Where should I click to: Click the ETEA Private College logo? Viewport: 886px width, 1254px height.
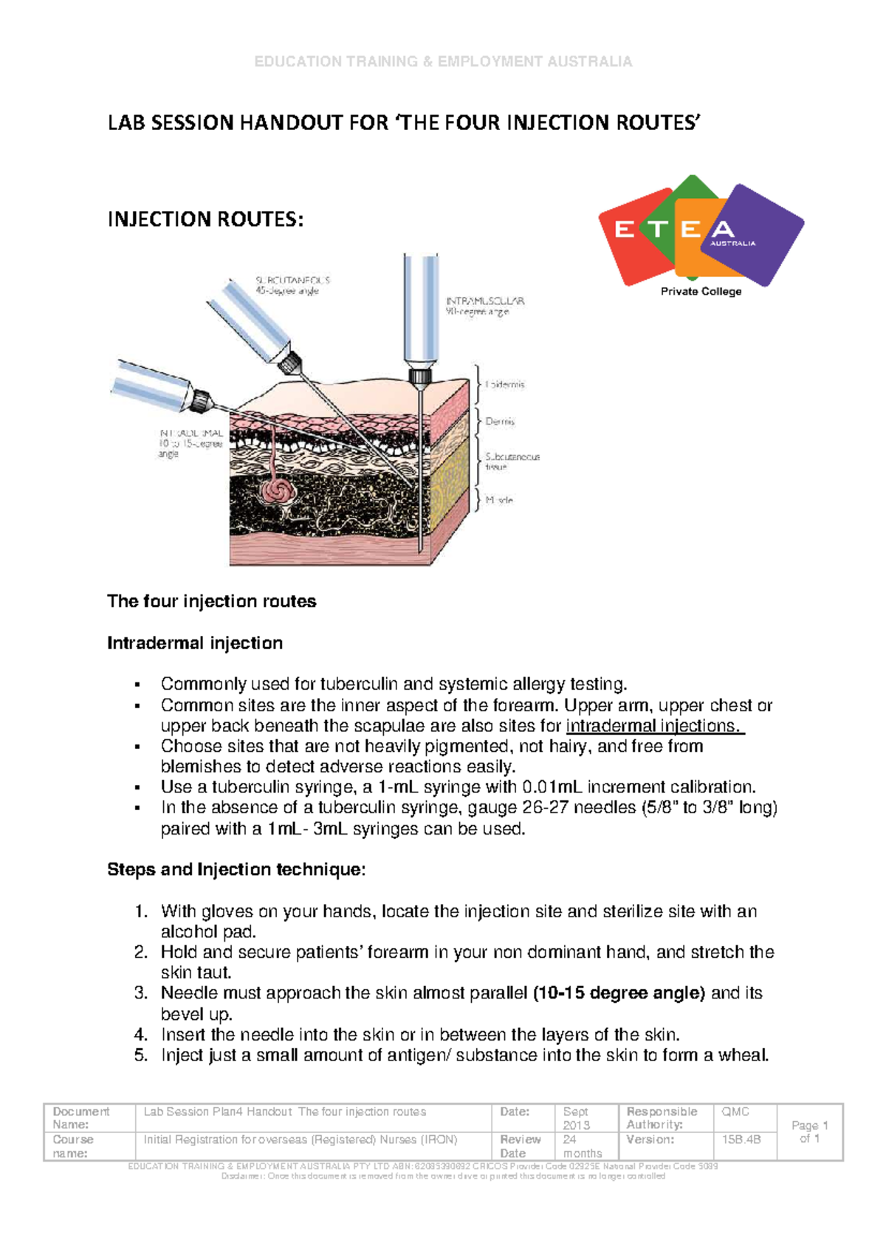click(x=700, y=236)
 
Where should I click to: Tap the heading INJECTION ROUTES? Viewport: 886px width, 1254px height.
click(x=205, y=219)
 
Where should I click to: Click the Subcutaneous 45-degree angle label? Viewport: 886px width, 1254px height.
click(x=292, y=286)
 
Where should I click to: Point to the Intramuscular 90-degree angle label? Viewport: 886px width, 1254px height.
click(x=484, y=306)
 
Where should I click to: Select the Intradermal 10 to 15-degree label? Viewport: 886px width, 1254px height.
click(x=190, y=443)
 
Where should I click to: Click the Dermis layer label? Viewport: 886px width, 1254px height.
click(x=500, y=422)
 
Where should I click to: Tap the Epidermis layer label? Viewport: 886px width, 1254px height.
click(x=505, y=385)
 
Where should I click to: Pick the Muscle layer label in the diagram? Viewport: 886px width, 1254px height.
click(x=499, y=500)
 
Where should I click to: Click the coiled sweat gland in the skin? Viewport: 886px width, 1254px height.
click(x=279, y=490)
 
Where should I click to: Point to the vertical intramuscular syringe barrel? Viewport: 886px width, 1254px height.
click(x=421, y=310)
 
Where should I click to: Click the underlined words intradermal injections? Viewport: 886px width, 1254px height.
click(x=654, y=726)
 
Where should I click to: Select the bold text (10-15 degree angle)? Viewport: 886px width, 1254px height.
click(x=619, y=993)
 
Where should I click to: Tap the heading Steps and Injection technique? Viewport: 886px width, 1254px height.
click(x=236, y=869)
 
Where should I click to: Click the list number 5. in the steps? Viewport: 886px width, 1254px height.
click(x=141, y=1055)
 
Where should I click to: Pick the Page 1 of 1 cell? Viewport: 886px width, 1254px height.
click(x=809, y=1131)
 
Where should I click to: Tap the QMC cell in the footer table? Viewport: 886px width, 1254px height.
click(x=735, y=1111)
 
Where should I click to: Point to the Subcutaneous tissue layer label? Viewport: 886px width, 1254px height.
click(x=512, y=462)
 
